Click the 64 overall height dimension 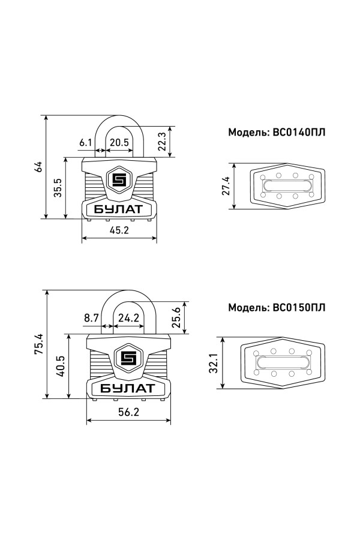point(39,167)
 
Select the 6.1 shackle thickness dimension point(85,142)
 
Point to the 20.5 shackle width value point(119,142)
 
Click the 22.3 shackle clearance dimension point(162,142)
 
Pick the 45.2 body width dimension point(119,230)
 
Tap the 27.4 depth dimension point(226,185)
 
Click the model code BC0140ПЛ point(299,132)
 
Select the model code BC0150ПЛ point(299,307)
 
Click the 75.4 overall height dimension point(38,344)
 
